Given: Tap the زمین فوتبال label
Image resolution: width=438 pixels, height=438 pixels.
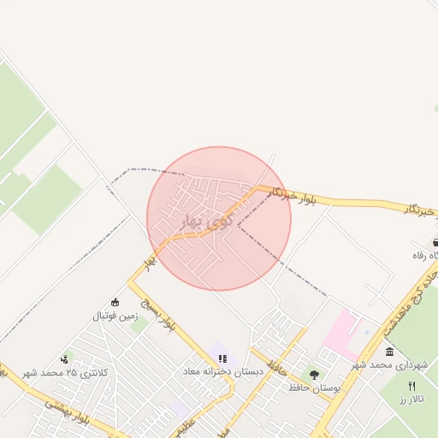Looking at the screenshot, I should click(115, 316).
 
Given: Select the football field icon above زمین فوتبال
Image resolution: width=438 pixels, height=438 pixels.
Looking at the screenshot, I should click(115, 302).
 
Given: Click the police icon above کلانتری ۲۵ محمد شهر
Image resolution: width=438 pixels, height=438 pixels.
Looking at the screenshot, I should click(64, 360).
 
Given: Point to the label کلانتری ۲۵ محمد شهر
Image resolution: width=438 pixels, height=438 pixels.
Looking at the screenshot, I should click(66, 372).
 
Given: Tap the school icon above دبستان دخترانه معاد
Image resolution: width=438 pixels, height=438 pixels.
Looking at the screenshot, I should click(222, 358).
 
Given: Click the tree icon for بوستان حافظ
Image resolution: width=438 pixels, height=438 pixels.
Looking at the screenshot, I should click(314, 375).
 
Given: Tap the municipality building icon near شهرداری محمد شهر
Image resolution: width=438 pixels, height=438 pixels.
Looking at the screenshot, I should click(390, 352).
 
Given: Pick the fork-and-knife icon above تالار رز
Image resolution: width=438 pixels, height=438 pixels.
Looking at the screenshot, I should click(411, 386).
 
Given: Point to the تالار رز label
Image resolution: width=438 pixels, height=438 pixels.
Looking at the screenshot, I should click(415, 399).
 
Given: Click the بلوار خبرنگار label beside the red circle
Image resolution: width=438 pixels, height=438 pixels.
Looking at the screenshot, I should click(291, 196).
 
